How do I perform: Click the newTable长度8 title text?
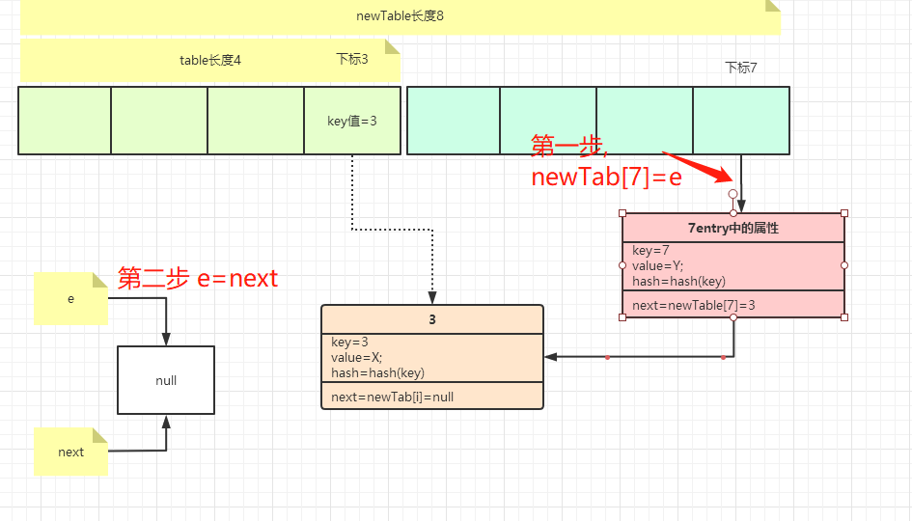click(x=400, y=16)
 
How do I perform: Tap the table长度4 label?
click(x=209, y=60)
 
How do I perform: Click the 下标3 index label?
click(x=352, y=59)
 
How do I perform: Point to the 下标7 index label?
click(x=741, y=68)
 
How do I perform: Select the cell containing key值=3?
click(x=352, y=121)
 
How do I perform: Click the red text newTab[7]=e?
click(x=606, y=177)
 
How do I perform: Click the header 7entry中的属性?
click(x=732, y=229)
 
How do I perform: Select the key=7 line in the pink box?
click(x=651, y=251)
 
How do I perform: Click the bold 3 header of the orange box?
click(x=431, y=319)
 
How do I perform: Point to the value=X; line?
click(x=356, y=357)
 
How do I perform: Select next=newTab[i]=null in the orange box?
click(x=392, y=397)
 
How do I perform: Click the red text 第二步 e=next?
click(x=198, y=279)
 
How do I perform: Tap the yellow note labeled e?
click(x=70, y=299)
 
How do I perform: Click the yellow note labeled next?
click(x=70, y=452)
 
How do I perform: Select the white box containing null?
click(x=166, y=380)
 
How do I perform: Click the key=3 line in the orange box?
click(x=349, y=343)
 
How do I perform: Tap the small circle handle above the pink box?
click(x=733, y=194)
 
